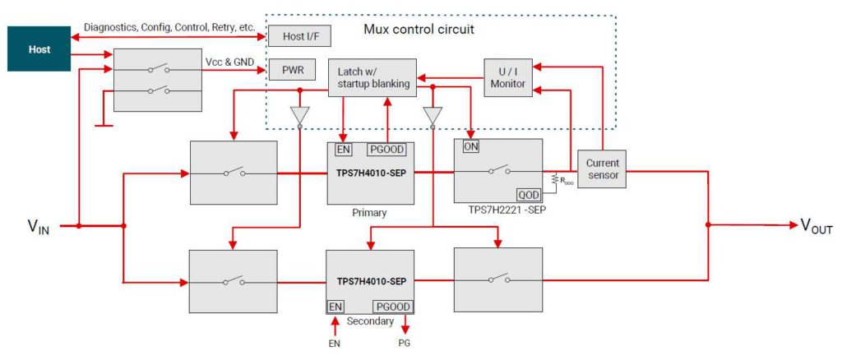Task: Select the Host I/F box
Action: click(x=294, y=35)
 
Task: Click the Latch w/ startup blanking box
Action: click(x=372, y=78)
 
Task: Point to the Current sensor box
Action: click(x=603, y=169)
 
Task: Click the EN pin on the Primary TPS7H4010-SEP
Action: click(x=343, y=149)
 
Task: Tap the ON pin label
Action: click(x=471, y=146)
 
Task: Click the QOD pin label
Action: click(x=528, y=195)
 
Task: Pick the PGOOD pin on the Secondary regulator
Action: click(x=392, y=306)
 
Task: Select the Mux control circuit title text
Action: click(x=419, y=29)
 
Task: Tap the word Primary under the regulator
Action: click(x=368, y=213)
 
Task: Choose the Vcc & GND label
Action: click(x=229, y=62)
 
